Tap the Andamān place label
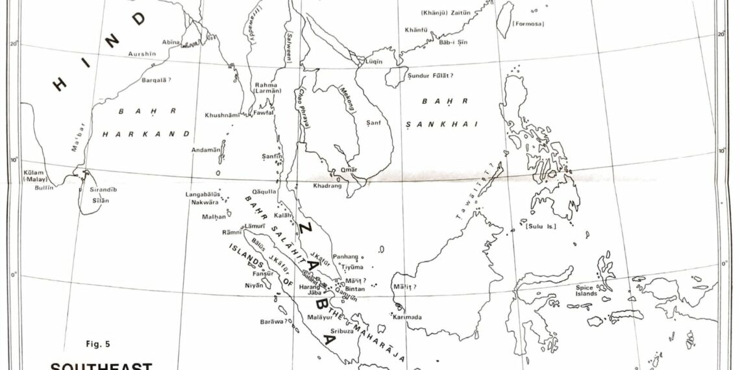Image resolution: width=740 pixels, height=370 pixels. tap(205, 150)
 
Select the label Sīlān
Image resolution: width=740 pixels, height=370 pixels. tap(100, 201)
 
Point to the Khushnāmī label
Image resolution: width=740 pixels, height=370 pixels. tap(223, 115)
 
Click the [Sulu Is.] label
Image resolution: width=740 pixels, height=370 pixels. tap(534, 227)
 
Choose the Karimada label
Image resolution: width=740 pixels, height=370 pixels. tap(408, 317)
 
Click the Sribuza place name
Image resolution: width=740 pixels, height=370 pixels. tap(341, 330)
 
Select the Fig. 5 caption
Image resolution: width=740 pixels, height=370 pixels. tap(98, 343)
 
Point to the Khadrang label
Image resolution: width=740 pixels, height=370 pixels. tap(328, 185)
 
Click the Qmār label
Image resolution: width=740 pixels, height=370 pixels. tap(349, 170)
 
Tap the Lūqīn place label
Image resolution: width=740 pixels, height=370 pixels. tap(375, 62)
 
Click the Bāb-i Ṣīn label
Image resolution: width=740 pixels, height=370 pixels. tap(454, 42)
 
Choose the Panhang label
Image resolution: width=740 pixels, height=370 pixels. tap(345, 257)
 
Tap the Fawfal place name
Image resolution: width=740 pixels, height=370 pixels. tap(264, 112)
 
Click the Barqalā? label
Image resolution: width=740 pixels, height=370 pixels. tap(156, 80)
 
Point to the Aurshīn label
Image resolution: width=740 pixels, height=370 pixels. tap(142, 54)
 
